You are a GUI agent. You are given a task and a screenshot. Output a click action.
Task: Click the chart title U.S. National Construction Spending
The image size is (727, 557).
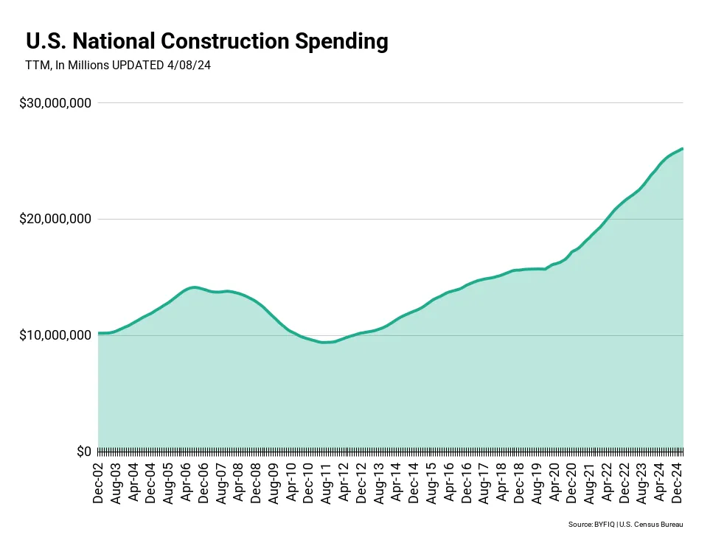(x=206, y=41)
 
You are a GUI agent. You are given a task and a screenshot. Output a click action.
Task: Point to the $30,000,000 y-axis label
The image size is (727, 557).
(x=56, y=102)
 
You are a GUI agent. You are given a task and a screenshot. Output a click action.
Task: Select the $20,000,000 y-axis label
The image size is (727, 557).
(x=56, y=219)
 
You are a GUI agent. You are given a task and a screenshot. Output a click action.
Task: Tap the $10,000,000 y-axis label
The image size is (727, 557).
(x=56, y=335)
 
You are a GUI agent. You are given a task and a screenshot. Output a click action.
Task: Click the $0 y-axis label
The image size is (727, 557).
(x=83, y=451)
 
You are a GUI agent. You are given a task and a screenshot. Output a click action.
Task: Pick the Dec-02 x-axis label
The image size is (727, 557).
(x=99, y=483)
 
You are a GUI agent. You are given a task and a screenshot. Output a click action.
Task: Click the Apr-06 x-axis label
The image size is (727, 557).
(x=187, y=483)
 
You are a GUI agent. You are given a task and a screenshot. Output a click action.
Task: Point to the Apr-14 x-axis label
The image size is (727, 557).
(x=397, y=483)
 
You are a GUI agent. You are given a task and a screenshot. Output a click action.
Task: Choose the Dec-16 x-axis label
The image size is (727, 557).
(x=467, y=483)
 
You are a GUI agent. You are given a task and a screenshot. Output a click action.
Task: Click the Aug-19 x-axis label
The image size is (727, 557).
(x=537, y=483)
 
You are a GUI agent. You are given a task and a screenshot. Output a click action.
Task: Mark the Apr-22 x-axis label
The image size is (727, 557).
(x=607, y=483)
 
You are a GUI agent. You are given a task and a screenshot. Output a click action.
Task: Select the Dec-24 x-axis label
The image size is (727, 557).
(x=677, y=483)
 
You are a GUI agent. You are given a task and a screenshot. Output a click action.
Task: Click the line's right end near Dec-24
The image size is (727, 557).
(x=682, y=149)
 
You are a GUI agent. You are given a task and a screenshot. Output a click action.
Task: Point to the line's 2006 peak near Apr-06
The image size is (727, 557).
(x=193, y=287)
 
